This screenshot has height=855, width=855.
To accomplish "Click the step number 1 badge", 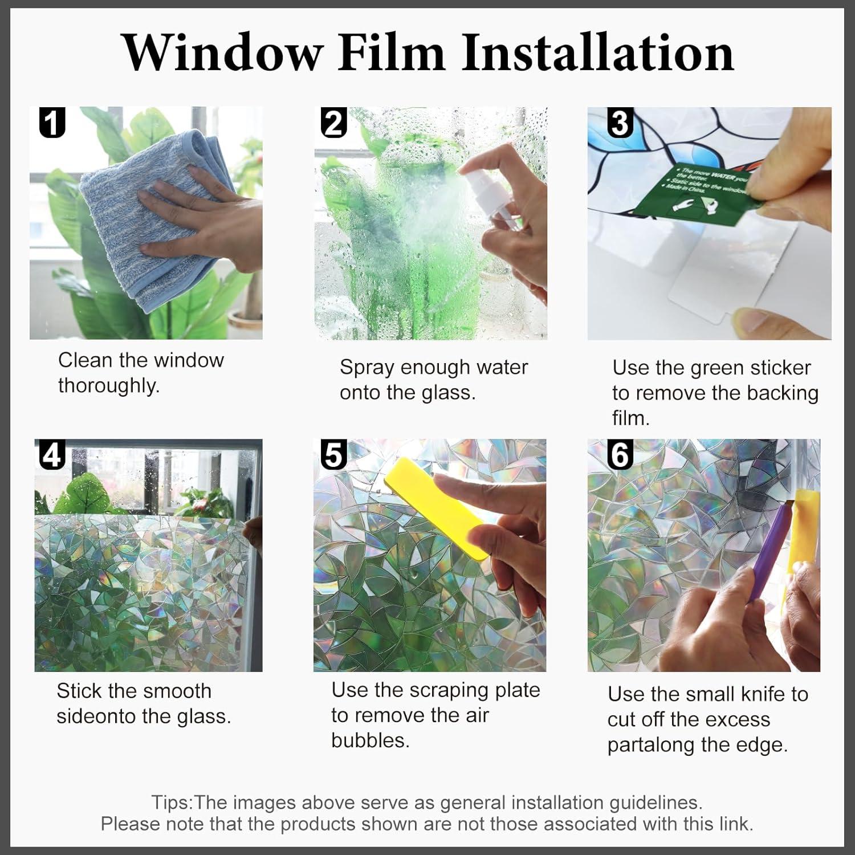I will coord(52,123).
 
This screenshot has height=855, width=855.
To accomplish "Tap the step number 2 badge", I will coord(333,123).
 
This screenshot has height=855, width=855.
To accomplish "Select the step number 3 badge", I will coord(620,123).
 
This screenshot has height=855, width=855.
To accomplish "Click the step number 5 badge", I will coord(333,454).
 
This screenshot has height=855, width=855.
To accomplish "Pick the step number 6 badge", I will coord(620,454).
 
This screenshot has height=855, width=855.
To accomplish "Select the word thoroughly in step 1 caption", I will coord(108,386).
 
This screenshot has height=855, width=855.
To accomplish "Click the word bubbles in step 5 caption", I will coord(370,740).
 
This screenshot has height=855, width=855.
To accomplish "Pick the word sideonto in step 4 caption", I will coord(95,716).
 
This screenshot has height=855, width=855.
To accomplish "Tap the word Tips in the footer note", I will coord(172,803).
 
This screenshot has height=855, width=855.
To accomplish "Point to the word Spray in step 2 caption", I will coord(367,368).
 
